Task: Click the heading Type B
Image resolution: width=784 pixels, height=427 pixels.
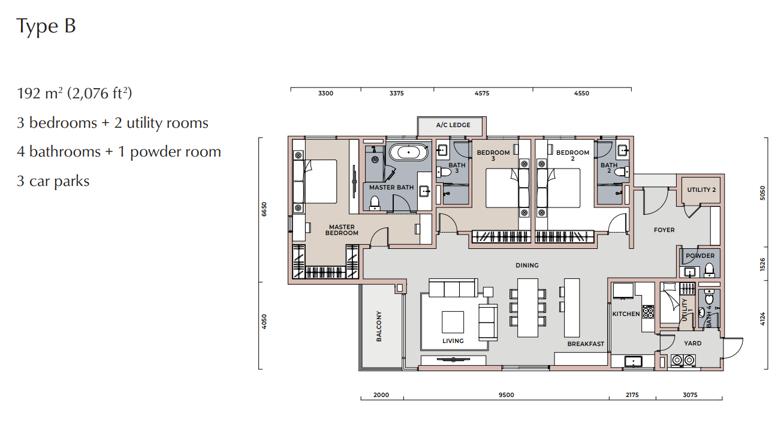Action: (46, 26)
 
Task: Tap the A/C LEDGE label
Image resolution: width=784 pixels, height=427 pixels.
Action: (453, 125)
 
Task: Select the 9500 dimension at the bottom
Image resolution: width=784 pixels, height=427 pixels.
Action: (506, 395)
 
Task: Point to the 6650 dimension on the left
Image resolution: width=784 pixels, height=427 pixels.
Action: (264, 209)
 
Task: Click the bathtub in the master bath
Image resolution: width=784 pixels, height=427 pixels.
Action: (408, 153)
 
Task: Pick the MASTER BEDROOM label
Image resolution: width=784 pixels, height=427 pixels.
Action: (342, 230)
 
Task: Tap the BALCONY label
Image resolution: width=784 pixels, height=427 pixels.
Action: (379, 326)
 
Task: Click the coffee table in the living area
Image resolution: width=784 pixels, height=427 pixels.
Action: (453, 322)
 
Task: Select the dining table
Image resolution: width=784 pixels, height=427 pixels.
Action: (527, 308)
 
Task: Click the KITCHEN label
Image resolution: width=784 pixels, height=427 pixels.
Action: (626, 314)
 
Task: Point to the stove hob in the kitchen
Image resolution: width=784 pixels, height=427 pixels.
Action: (648, 312)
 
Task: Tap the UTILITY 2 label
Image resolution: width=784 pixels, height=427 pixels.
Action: (701, 190)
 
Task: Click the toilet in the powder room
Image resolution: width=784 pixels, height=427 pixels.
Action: (709, 270)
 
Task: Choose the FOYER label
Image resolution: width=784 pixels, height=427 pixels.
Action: (664, 230)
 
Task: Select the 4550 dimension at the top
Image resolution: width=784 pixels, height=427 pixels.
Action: (581, 93)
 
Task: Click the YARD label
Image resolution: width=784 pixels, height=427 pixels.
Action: (693, 343)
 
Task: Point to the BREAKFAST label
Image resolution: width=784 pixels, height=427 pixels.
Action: (586, 344)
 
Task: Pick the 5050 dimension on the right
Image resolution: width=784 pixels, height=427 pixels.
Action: (762, 193)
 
